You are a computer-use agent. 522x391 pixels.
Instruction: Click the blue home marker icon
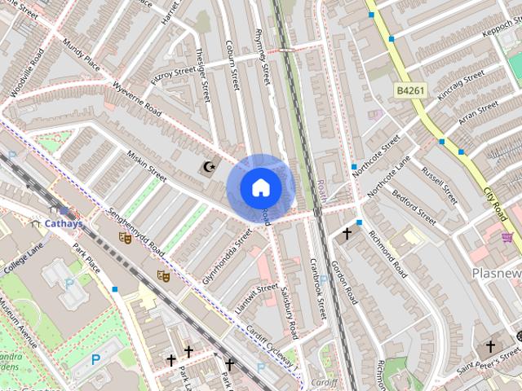tap(261, 187)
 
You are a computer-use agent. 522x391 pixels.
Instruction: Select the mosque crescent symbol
tap(210, 167)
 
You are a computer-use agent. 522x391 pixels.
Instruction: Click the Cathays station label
tap(63, 222)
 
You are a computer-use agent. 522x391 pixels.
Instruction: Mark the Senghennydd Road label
tap(135, 233)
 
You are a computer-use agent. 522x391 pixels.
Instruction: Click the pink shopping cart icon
tap(507, 238)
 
